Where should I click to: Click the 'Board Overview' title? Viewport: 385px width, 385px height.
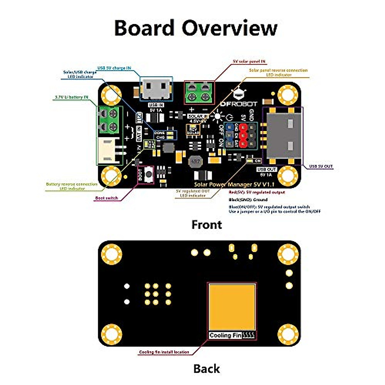coord(195,28)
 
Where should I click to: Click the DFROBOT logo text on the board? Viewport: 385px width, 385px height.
coord(239,104)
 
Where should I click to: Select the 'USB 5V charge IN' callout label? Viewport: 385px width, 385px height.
coord(114,68)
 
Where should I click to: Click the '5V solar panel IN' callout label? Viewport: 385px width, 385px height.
coord(249,61)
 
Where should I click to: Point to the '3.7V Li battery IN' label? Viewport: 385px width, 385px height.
coord(71,97)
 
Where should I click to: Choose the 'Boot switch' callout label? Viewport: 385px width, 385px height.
coord(107,198)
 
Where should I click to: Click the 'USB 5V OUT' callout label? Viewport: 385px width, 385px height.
coord(321,167)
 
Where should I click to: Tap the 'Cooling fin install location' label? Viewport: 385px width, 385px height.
coord(164,352)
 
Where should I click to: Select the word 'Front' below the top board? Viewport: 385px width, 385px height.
coord(207,225)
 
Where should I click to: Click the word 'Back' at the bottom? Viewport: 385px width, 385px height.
coord(207,369)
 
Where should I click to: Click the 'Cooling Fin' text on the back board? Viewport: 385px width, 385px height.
coord(225,335)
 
